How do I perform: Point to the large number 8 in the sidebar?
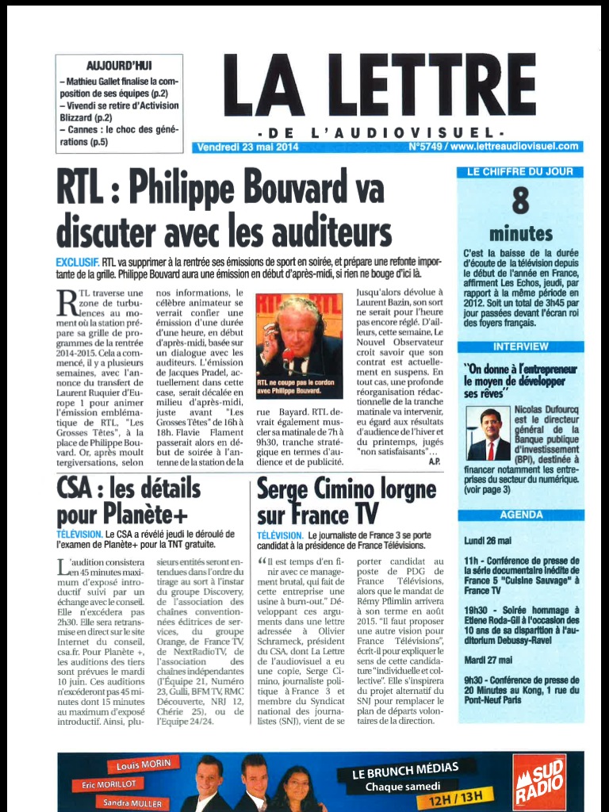(520, 201)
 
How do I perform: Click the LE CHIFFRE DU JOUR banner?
(520, 171)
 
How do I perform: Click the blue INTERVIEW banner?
(520, 347)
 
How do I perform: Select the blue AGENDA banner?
(521, 515)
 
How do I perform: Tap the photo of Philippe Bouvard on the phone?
(299, 345)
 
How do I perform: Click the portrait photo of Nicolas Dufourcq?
(488, 435)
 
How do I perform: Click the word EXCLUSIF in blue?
(77, 262)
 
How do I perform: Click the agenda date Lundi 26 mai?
(486, 541)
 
